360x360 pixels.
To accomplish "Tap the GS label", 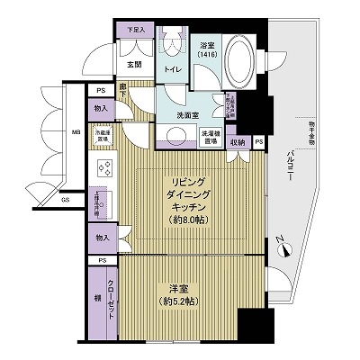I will point(65,200).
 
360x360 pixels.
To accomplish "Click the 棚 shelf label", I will point(95,297).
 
